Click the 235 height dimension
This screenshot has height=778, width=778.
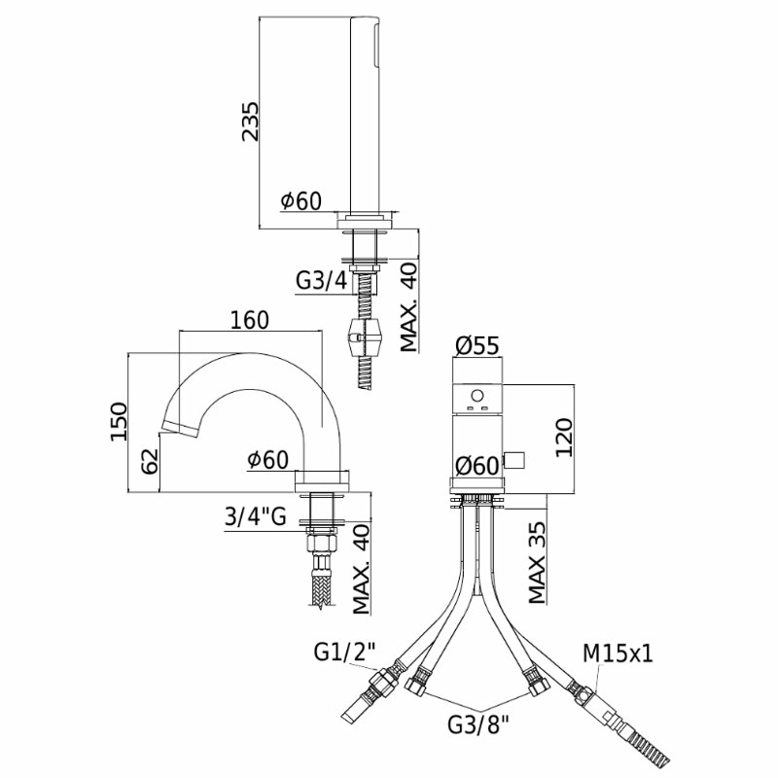click(251, 122)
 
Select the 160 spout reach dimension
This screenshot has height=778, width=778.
click(250, 321)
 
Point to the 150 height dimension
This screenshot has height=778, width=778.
click(119, 421)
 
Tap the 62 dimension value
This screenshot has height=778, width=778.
click(150, 461)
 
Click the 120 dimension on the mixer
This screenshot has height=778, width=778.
click(564, 438)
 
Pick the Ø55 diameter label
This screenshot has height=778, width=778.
click(477, 345)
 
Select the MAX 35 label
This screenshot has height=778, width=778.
click(538, 563)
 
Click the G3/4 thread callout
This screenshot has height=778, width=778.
click(322, 281)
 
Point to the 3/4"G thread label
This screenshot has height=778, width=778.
click(256, 517)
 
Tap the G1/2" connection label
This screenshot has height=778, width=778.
click(345, 652)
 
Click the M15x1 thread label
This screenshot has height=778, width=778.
click(618, 654)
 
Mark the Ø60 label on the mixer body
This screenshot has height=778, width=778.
click(477, 466)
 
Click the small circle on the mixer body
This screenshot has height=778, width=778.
click(477, 396)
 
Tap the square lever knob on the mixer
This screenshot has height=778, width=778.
click(514, 460)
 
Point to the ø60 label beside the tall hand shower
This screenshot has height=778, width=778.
click(301, 201)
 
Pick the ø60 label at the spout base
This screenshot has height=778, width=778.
click(268, 459)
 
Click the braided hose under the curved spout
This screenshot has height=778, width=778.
click(323, 589)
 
